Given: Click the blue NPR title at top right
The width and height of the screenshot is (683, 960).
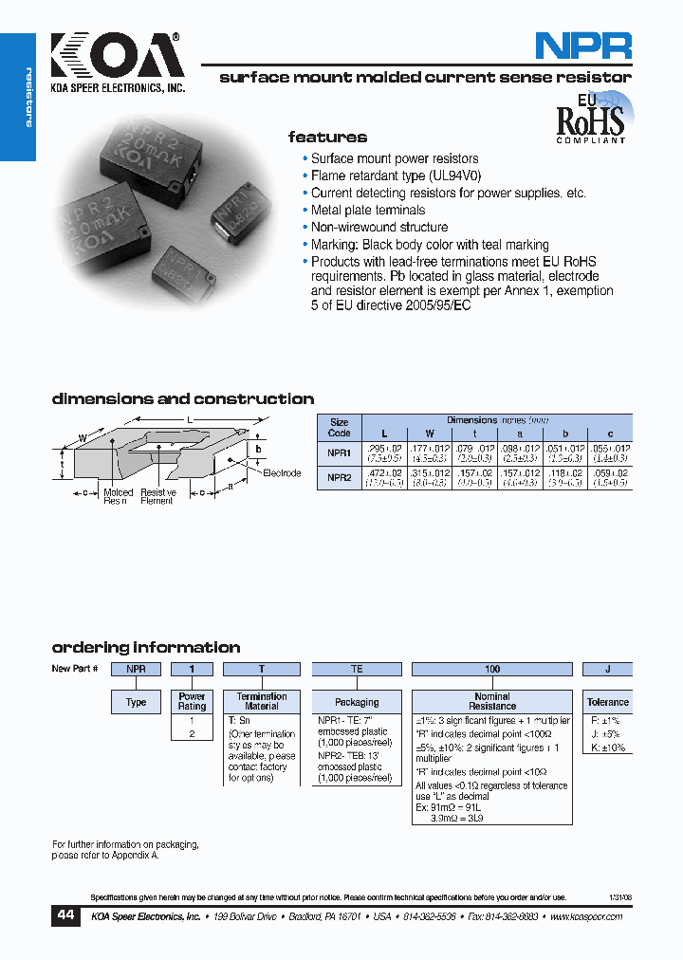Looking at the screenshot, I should tap(582, 46).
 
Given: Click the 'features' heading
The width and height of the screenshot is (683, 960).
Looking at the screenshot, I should tap(327, 138).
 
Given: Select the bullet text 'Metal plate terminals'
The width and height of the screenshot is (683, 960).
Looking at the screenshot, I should tap(368, 211).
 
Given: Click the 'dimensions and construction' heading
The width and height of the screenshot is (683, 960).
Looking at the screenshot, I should tap(182, 399).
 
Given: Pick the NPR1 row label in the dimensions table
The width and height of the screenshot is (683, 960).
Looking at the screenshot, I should tap(339, 453).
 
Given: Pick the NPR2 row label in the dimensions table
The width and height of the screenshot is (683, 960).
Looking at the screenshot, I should tap(339, 478).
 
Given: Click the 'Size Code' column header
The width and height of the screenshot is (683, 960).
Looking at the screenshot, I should tap(339, 427).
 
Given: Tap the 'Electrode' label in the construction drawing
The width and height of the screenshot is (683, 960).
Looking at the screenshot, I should tap(282, 472).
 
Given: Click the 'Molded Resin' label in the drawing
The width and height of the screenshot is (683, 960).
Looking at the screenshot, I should tap(119, 496).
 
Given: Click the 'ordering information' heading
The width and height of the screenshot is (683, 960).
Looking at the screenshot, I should tap(145, 648).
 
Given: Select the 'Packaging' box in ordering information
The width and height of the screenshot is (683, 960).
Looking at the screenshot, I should tap(358, 703).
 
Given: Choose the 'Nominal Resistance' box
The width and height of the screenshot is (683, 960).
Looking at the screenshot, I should tap(492, 702).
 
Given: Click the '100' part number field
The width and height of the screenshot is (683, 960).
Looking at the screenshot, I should tap(492, 669).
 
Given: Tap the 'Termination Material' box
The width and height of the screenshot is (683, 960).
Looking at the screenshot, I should tap(262, 702).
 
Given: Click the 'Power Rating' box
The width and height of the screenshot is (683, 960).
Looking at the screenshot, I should tap(192, 702).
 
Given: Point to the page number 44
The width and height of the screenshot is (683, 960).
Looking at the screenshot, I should tap(65, 915).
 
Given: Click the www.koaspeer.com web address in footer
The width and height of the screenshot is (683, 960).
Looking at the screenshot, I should tap(585, 917).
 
